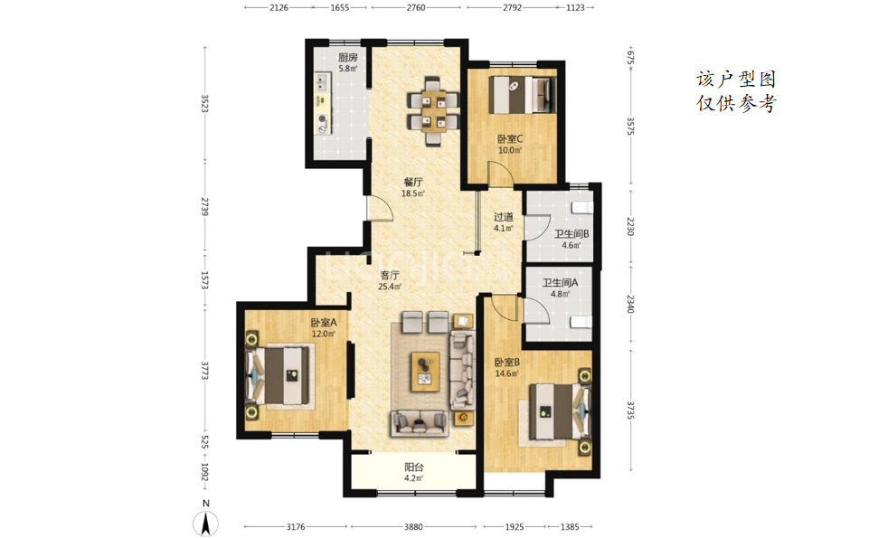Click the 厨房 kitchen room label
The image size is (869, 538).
coord(347,57)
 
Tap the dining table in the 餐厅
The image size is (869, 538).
coord(433,111)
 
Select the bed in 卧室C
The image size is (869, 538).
coord(522,95)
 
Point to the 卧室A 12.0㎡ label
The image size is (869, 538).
coord(324,327)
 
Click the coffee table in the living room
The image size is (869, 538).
coord(425,372)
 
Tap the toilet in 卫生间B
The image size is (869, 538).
coord(582,207)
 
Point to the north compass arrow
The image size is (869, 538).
coord(205,523)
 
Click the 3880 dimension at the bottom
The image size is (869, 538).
coord(413,527)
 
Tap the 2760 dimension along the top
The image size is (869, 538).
coord(416,8)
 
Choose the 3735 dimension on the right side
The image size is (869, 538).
coord(630,410)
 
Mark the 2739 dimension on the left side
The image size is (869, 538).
coord(204,207)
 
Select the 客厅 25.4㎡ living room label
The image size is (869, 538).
coord(390,280)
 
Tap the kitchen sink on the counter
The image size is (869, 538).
coord(322,82)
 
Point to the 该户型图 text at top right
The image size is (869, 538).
coord(736,80)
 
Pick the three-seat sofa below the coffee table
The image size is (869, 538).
coord(420,423)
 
